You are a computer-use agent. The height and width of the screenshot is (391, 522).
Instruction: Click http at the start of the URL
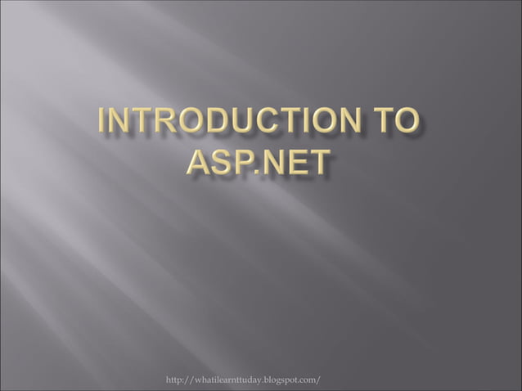[x=176, y=381]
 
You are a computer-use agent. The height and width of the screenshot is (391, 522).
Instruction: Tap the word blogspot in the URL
[x=285, y=382]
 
